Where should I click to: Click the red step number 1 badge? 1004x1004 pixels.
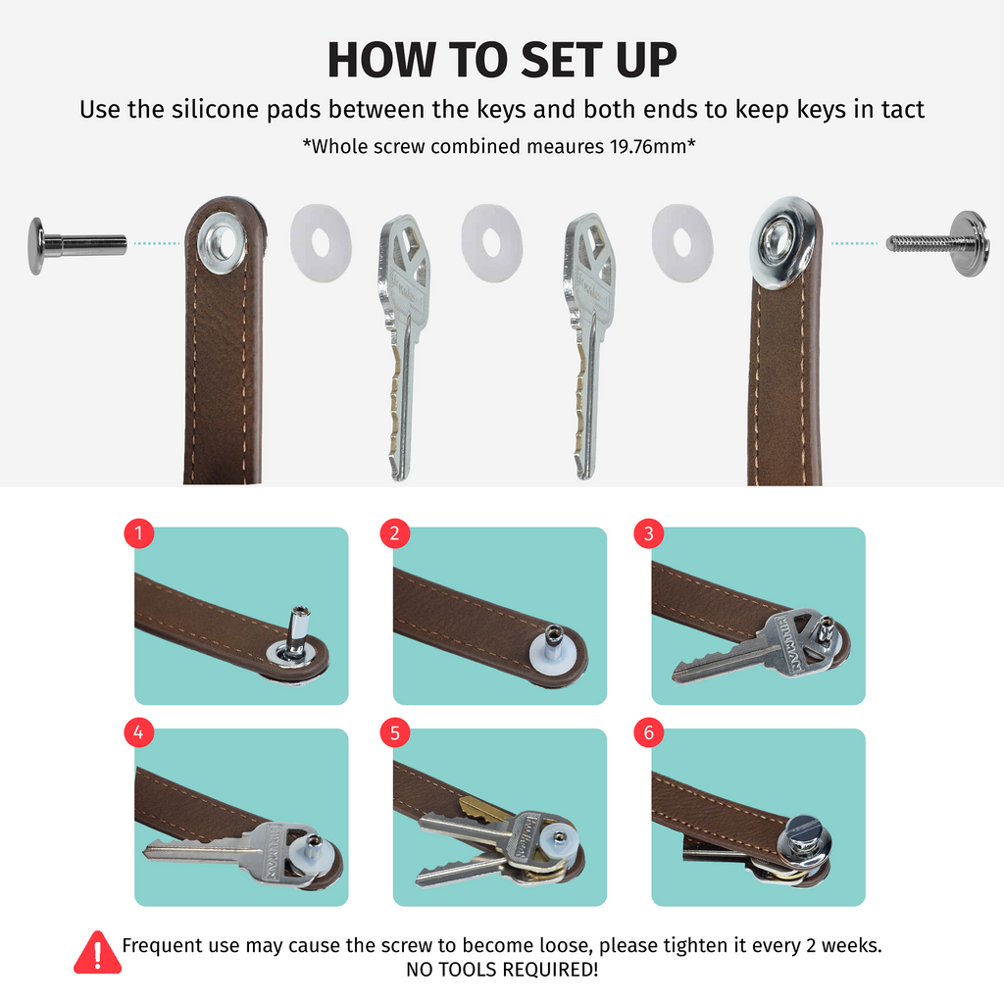click(x=139, y=532)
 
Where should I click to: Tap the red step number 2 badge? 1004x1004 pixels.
click(x=394, y=532)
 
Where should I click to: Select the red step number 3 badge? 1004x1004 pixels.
click(x=649, y=532)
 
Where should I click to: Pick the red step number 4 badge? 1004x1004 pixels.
click(x=139, y=731)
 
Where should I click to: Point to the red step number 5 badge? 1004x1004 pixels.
click(x=394, y=731)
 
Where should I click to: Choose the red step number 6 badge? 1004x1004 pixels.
click(x=649, y=731)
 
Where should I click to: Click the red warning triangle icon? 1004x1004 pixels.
click(x=97, y=953)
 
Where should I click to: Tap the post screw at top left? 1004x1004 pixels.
click(x=76, y=245)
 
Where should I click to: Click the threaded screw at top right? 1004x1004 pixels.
click(x=938, y=243)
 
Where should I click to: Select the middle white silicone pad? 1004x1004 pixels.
click(x=491, y=243)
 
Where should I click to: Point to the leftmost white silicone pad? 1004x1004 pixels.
click(x=321, y=244)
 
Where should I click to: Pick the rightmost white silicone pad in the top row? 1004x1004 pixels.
click(x=682, y=243)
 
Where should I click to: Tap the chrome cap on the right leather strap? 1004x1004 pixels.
click(x=782, y=243)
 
